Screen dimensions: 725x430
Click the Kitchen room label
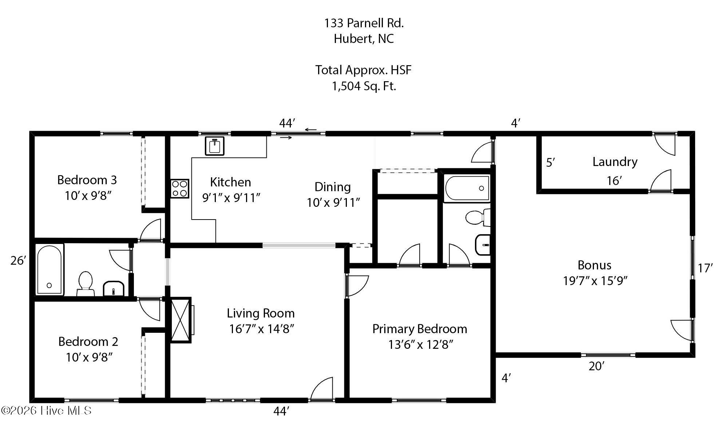230,182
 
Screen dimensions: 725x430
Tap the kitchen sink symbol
214,146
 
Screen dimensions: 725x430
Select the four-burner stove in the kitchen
180,189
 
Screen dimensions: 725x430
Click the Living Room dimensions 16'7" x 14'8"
261,329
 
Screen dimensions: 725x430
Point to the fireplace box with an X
181,320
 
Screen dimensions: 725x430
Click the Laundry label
615,162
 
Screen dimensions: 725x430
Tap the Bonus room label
594,265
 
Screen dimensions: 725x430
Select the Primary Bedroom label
420,329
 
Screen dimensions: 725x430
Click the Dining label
333,187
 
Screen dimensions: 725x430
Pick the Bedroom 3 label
87,180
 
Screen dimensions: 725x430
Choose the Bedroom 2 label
88,342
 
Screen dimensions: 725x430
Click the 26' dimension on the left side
18,261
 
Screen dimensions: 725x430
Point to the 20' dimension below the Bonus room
597,366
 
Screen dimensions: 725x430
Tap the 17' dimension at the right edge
705,268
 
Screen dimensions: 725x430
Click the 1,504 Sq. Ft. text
364,86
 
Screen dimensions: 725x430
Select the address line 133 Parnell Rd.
364,23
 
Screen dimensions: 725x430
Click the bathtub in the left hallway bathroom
49,269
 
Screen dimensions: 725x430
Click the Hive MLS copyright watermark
46,411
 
